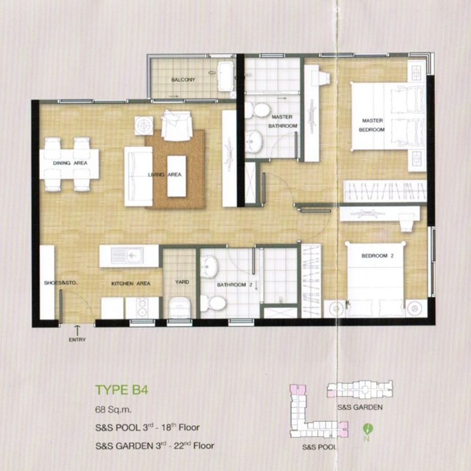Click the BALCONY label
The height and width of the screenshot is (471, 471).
pyautogui.click(x=183, y=80)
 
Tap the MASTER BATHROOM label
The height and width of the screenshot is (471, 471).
pyautogui.click(x=283, y=121)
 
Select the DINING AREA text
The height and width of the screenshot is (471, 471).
pyautogui.click(x=70, y=163)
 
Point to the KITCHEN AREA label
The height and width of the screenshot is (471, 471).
pyautogui.click(x=131, y=283)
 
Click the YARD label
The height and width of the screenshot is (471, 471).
pyautogui.click(x=182, y=282)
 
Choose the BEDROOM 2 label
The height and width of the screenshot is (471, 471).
pyautogui.click(x=378, y=256)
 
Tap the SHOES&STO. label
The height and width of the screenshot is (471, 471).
pyautogui.click(x=60, y=283)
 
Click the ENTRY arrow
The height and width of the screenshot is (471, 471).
pyautogui.click(x=77, y=330)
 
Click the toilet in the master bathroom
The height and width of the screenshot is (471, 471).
pyautogui.click(x=257, y=110)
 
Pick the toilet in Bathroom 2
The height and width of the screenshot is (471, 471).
pyautogui.click(x=213, y=303)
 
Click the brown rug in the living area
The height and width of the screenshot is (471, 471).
pyautogui.click(x=175, y=169)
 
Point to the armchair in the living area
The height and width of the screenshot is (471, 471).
pyautogui.click(x=177, y=125)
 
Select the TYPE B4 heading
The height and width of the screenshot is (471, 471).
pyautogui.click(x=121, y=390)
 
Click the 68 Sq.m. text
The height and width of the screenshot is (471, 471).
pyautogui.click(x=113, y=410)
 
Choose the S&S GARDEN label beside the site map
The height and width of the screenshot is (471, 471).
pyautogui.click(x=360, y=407)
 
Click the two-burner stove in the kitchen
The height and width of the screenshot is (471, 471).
pyautogui.click(x=142, y=308)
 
